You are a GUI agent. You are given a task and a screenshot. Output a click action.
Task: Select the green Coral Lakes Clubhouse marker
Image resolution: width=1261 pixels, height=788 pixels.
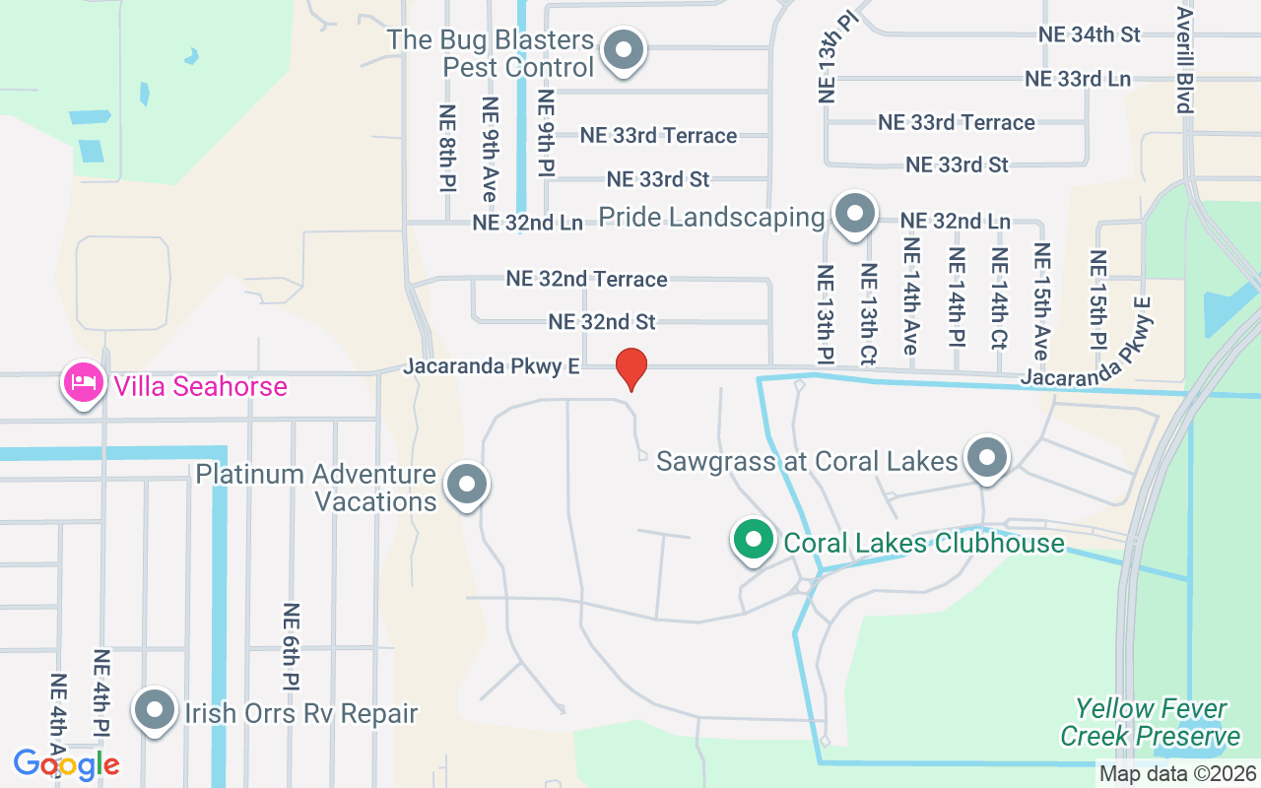pyautogui.click(x=754, y=540)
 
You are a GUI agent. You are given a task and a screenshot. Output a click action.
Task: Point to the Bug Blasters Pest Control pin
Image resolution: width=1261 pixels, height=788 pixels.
pyautogui.click(x=623, y=50)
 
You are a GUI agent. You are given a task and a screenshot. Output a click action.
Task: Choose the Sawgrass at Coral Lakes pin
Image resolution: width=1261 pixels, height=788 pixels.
pyautogui.click(x=985, y=458)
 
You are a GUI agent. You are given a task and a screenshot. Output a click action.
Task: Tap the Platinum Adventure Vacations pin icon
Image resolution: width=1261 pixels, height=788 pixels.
pyautogui.click(x=468, y=485)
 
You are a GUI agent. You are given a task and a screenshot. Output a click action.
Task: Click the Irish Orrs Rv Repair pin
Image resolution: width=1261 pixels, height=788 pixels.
pyautogui.click(x=154, y=711)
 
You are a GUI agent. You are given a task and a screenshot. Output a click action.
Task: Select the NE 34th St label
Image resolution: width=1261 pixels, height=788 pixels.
pyautogui.click(x=1089, y=34)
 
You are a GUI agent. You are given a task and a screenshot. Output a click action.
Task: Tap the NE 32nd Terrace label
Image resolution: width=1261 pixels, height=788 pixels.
pyautogui.click(x=586, y=279)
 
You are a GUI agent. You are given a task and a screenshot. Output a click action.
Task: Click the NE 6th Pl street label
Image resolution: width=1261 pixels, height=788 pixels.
pyautogui.click(x=291, y=646)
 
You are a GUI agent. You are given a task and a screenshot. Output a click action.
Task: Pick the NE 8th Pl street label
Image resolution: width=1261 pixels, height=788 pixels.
pyautogui.click(x=448, y=149)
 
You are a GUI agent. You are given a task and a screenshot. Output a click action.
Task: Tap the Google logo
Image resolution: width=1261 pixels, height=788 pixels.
pyautogui.click(x=66, y=763)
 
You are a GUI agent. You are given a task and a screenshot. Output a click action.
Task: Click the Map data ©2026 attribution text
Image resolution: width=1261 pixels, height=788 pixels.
pyautogui.click(x=1178, y=774)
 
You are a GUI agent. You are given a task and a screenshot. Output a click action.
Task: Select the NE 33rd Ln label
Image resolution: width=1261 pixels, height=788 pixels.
pyautogui.click(x=1077, y=79)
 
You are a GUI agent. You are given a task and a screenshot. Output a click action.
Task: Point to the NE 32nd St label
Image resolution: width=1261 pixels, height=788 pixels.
pyautogui.click(x=602, y=322)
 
